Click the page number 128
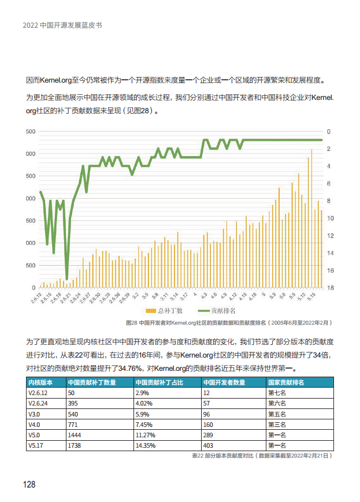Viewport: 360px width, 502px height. pos(29,484)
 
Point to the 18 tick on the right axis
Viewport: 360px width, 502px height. pos(328,288)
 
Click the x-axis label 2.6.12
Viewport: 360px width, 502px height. pos(36,298)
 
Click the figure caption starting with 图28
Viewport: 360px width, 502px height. pos(229,322)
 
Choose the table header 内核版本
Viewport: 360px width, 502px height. pos(40,382)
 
